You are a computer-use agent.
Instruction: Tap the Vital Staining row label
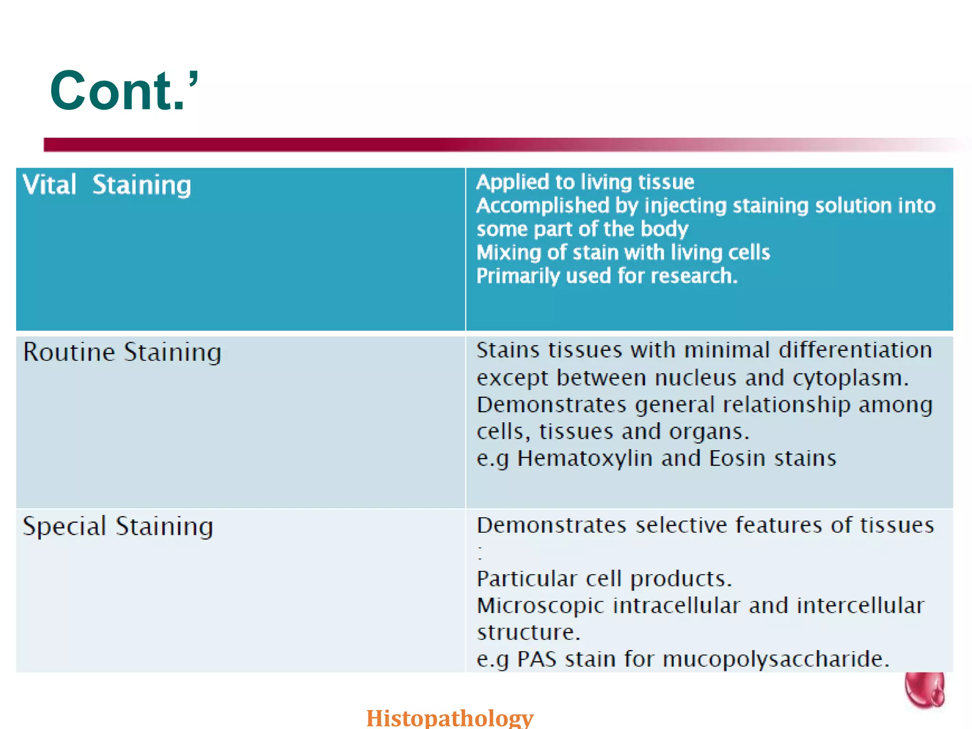[107, 185]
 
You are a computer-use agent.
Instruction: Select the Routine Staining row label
[122, 353]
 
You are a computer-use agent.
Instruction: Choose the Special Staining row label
[118, 526]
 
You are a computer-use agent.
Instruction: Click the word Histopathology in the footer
[449, 717]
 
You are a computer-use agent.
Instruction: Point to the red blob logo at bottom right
[924, 691]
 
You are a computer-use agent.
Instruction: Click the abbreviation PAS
[536, 659]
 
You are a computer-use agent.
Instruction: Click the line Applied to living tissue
[585, 182]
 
